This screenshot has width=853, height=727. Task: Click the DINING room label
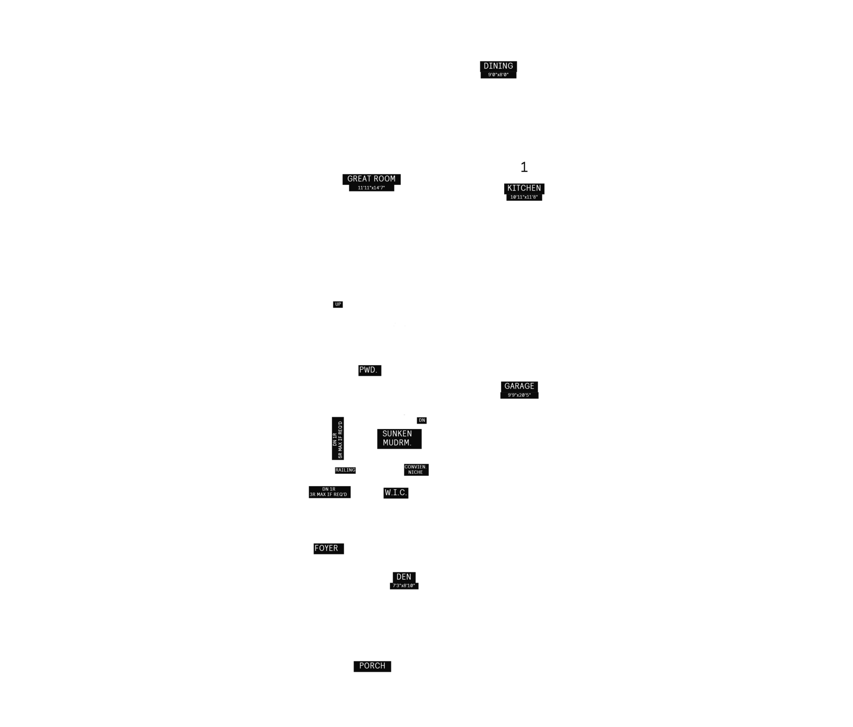pos(498,66)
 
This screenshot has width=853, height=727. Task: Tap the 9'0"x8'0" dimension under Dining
pos(498,75)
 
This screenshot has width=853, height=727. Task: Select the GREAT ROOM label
pos(371,179)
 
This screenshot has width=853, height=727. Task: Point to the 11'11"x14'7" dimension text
pos(371,188)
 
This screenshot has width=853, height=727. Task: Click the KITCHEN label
pos(524,188)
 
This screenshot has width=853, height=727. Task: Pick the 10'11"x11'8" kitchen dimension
pos(524,197)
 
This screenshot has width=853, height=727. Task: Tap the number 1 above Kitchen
pos(524,167)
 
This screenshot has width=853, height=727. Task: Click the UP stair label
pos(338,304)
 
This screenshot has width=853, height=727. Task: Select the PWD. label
pos(370,370)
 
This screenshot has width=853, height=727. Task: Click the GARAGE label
pos(519,387)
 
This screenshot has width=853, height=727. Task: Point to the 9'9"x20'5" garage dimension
pos(519,395)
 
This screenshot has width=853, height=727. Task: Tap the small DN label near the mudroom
pos(422,421)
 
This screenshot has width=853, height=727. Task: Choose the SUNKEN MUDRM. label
pos(399,439)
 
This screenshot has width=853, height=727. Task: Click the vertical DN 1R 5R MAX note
pos(338,439)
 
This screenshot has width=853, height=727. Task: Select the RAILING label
pos(345,470)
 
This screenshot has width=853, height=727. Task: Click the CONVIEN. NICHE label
pos(416,470)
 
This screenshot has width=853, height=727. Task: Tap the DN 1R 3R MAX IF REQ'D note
pos(330,492)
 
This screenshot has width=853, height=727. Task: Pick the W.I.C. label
pos(396,493)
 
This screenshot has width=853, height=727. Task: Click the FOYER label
pos(328,549)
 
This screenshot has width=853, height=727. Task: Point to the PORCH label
pos(372,666)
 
